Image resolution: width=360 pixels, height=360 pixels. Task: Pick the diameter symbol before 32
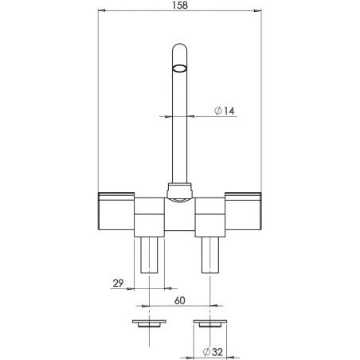tap(206, 351)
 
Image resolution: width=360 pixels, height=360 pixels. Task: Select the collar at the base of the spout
tap(181, 190)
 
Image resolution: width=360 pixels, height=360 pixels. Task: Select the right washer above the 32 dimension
tap(211, 325)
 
